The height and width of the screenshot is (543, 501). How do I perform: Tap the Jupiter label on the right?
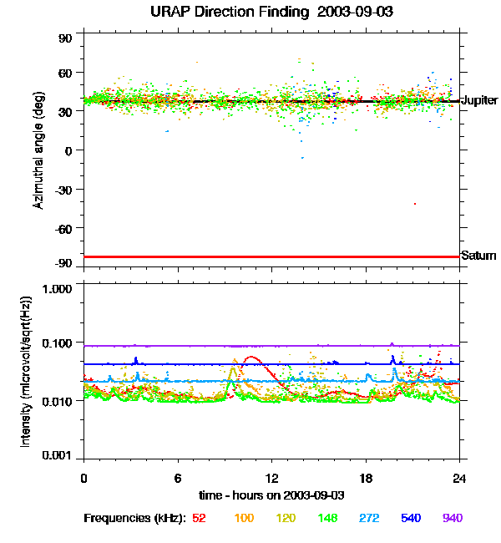click(478, 100)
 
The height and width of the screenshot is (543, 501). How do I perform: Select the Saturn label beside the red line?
click(478, 256)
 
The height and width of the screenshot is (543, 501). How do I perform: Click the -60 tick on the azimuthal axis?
click(63, 227)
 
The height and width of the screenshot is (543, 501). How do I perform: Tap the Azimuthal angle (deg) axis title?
click(38, 150)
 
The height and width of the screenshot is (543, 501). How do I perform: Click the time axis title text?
click(272, 495)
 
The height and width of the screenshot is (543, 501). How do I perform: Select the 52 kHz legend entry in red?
click(200, 518)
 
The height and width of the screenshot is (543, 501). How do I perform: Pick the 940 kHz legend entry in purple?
click(452, 518)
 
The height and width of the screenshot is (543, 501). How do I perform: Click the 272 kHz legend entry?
click(368, 518)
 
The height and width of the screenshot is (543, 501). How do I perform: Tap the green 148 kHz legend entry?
click(326, 518)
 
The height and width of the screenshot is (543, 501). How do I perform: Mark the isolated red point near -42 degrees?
click(414, 204)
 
